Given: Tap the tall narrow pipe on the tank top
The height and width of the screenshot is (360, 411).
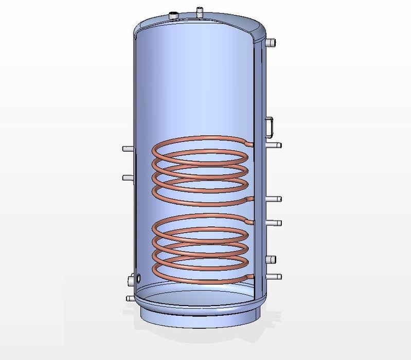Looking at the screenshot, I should [x=199, y=12].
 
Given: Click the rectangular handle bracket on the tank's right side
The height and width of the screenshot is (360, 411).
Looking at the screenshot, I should [x=270, y=126].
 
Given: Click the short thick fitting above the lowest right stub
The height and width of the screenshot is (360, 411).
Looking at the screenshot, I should [x=271, y=259].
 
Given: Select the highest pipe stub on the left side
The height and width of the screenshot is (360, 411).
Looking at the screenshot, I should [x=127, y=149].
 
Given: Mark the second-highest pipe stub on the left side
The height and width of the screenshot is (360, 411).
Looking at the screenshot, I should [x=127, y=177].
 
